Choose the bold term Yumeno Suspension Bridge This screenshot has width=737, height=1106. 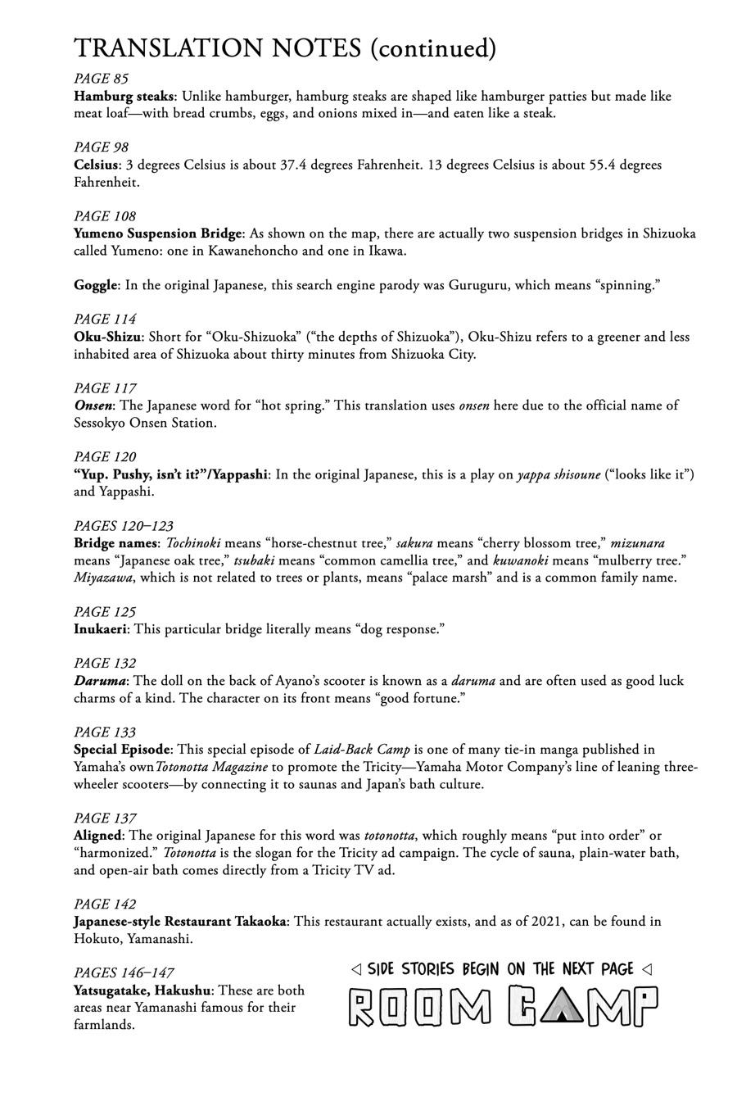[158, 233]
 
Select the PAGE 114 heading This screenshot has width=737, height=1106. [105, 319]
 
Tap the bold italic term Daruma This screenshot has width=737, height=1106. [100, 681]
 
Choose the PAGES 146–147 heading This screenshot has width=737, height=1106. [123, 972]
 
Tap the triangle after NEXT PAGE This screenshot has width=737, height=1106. [647, 969]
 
